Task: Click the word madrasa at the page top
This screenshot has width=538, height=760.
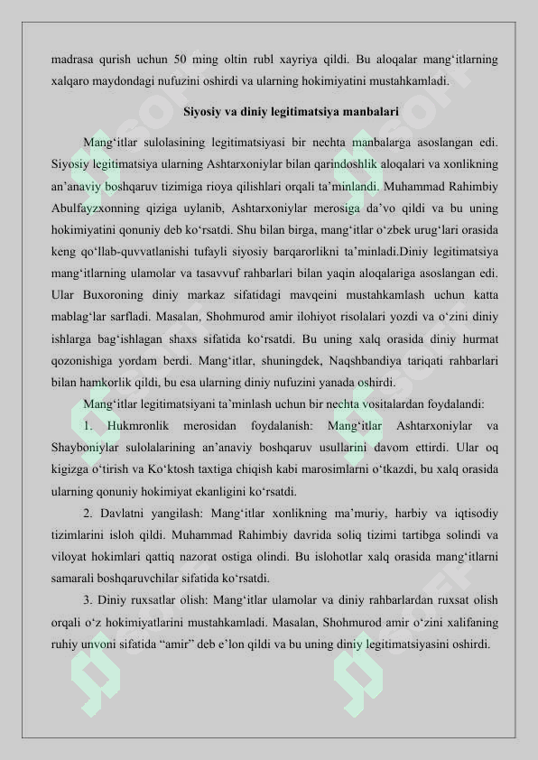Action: click(x=74, y=60)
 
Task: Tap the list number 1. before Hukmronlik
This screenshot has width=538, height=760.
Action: click(x=88, y=425)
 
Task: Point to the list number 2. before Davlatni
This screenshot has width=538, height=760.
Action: click(x=88, y=513)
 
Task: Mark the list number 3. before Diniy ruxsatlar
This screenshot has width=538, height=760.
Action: click(x=88, y=600)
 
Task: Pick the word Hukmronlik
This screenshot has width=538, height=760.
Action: click(x=138, y=425)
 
